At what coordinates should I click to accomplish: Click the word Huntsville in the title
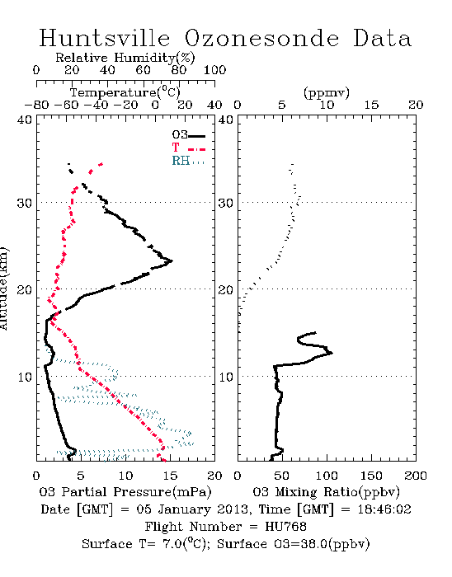pyautogui.click(x=105, y=38)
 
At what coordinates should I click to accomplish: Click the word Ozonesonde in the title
pyautogui.click(x=261, y=38)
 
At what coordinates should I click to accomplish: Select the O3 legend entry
pyautogui.click(x=188, y=135)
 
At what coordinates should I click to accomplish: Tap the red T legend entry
pyautogui.click(x=188, y=148)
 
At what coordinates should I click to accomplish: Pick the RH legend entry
pyautogui.click(x=188, y=161)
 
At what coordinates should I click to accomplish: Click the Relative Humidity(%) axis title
pyautogui.click(x=125, y=58)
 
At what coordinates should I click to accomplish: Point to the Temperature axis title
pyautogui.click(x=125, y=92)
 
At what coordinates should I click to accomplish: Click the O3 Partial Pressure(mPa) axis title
pyautogui.click(x=125, y=492)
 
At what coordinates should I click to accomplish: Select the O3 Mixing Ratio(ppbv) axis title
pyautogui.click(x=326, y=492)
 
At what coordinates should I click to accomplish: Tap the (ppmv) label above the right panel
pyautogui.click(x=326, y=92)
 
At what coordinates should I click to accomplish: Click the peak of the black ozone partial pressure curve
pyautogui.click(x=172, y=261)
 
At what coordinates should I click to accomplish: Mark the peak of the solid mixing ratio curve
pyautogui.click(x=332, y=353)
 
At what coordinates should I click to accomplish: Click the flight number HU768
pyautogui.click(x=286, y=527)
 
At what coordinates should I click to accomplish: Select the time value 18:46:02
pyautogui.click(x=384, y=509)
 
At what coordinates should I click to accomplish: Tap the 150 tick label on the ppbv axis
pyautogui.click(x=371, y=476)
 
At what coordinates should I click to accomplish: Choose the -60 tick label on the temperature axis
pyautogui.click(x=66, y=105)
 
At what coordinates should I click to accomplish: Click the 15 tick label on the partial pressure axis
pyautogui.click(x=170, y=476)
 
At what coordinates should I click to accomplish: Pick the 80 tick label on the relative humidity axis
pyautogui.click(x=178, y=70)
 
